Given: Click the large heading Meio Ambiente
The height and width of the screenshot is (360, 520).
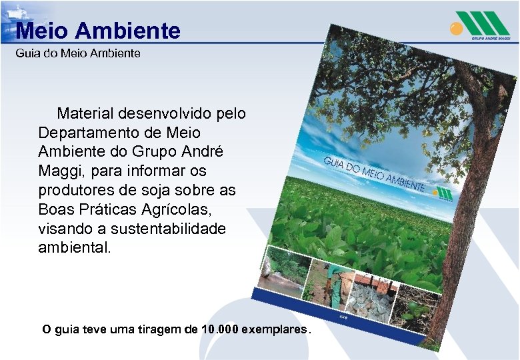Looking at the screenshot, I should point(98,31).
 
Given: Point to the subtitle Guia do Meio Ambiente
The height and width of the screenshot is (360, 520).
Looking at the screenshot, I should point(78,53).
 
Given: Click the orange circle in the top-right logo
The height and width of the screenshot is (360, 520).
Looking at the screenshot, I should point(455,28).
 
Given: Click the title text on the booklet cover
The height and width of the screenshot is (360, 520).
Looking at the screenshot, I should point(373,175).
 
